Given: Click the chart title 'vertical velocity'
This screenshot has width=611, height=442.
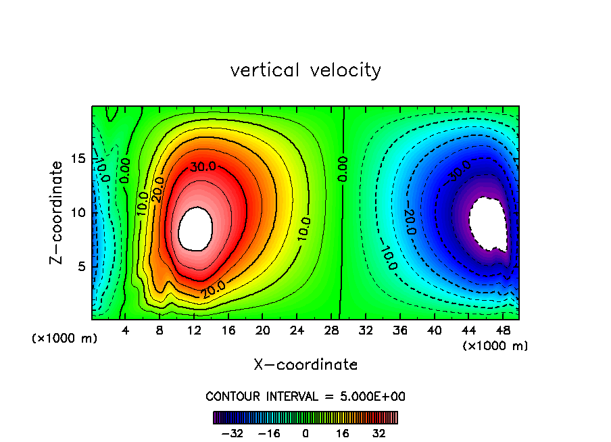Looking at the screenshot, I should pyautogui.click(x=305, y=70).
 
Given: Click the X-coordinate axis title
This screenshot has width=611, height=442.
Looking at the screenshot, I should pyautogui.click(x=305, y=365).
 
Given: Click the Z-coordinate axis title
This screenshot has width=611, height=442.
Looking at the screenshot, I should pyautogui.click(x=59, y=212).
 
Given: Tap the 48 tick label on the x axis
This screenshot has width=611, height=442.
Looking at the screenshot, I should pyautogui.click(x=502, y=331).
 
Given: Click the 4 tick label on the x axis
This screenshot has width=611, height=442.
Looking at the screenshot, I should pyautogui.click(x=126, y=331).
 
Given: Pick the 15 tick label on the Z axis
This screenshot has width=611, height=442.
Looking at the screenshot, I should pyautogui.click(x=78, y=158).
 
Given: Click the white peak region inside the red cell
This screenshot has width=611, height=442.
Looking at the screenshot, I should pyautogui.click(x=195, y=228).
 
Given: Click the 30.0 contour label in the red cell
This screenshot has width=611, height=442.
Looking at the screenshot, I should pyautogui.click(x=203, y=166).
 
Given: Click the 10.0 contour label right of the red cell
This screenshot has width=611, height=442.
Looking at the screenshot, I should pyautogui.click(x=304, y=229).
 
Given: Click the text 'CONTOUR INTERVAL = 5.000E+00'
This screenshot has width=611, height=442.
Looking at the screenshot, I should pyautogui.click(x=305, y=396).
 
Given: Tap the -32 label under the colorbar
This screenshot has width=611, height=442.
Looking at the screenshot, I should pyautogui.click(x=232, y=433).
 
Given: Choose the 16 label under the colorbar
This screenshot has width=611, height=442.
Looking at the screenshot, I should pyautogui.click(x=342, y=433).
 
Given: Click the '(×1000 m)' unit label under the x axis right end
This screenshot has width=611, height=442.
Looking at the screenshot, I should pyautogui.click(x=495, y=346).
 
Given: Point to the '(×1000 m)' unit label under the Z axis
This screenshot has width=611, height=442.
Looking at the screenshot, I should pyautogui.click(x=65, y=339).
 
